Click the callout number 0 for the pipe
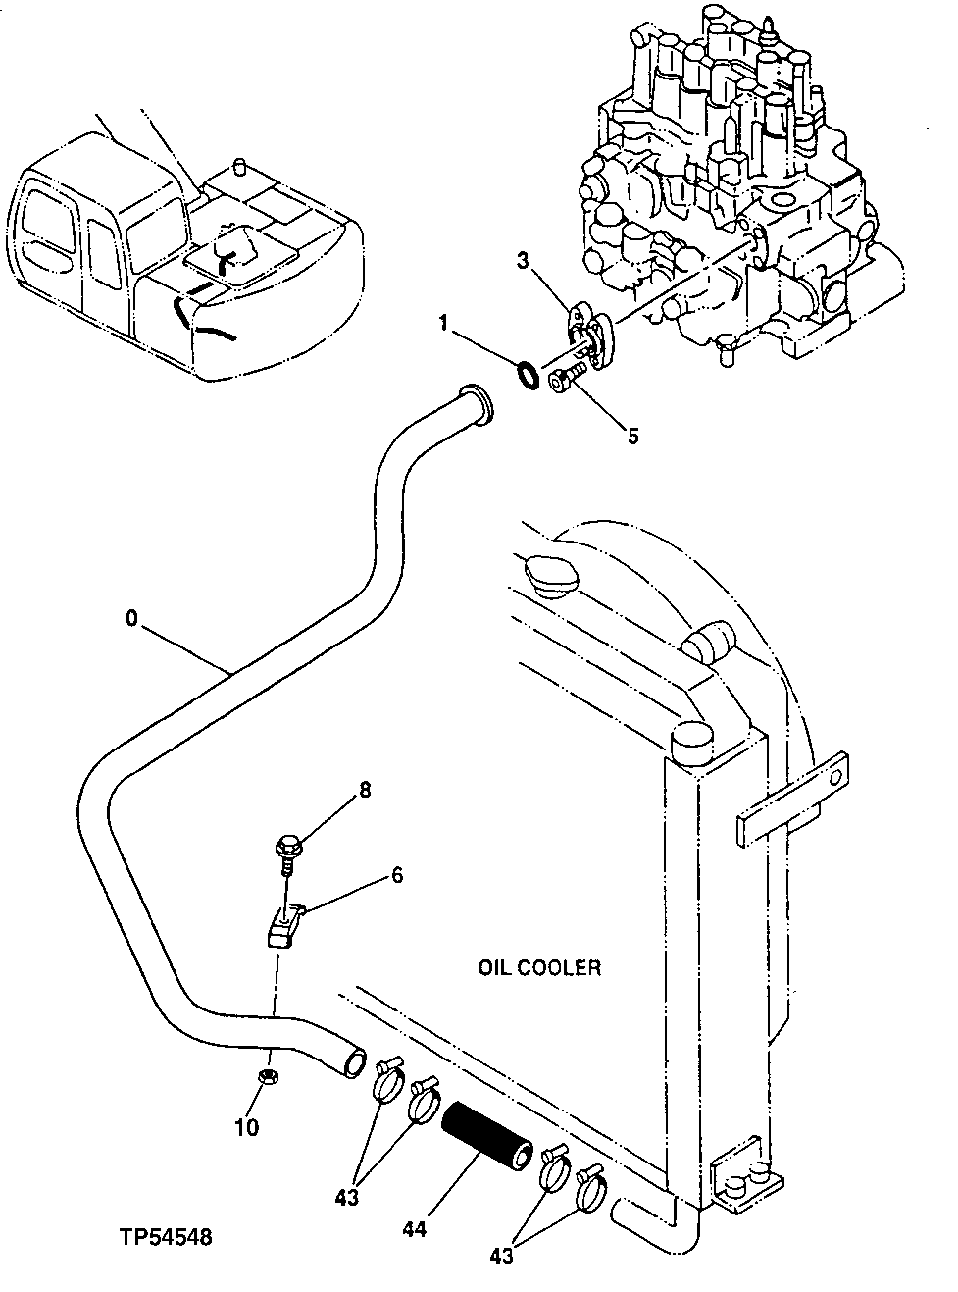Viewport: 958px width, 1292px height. click(x=130, y=618)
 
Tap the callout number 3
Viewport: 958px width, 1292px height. click(x=524, y=260)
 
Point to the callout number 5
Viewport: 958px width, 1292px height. click(x=633, y=436)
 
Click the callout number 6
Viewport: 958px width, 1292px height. click(x=397, y=875)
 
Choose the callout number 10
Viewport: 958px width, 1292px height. click(x=247, y=1127)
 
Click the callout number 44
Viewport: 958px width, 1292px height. click(x=416, y=1228)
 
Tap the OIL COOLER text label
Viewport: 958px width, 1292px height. click(x=538, y=968)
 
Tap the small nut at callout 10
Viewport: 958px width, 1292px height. click(x=265, y=1077)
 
